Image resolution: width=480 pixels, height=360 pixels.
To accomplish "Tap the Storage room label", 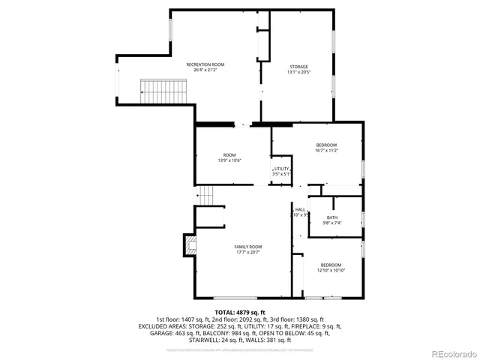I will (277, 67).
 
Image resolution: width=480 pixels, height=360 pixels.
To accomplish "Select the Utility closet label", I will (281, 169).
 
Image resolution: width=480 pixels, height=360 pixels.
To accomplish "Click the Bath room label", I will (331, 217).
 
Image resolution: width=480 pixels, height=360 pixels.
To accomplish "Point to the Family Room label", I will (247, 247).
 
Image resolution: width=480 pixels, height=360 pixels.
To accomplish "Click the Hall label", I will (300, 210).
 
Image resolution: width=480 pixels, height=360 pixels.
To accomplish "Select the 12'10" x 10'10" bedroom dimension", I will (331, 270).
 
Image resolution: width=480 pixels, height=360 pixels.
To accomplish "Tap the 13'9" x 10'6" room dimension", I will (229, 160).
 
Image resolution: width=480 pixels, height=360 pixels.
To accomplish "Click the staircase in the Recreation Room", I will (163, 91).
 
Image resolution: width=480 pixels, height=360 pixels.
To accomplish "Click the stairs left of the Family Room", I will (207, 196).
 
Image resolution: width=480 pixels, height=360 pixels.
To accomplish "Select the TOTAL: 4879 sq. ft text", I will (240, 312).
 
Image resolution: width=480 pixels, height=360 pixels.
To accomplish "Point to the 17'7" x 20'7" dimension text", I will (247, 252).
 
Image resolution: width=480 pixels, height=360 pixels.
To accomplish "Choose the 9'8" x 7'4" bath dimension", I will (331, 223).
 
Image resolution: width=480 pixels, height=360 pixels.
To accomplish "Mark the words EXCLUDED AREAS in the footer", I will (160, 326).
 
